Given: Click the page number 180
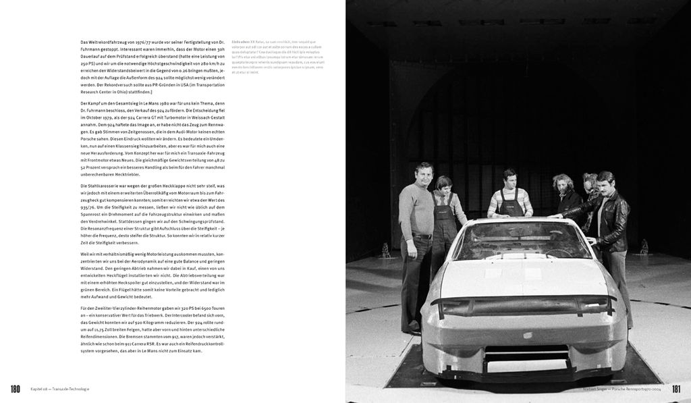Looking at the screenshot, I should (x=16, y=389).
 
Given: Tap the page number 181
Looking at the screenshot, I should (x=677, y=389).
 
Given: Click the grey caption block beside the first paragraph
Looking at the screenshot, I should (x=277, y=57).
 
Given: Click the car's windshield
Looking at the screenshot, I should (x=520, y=241).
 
